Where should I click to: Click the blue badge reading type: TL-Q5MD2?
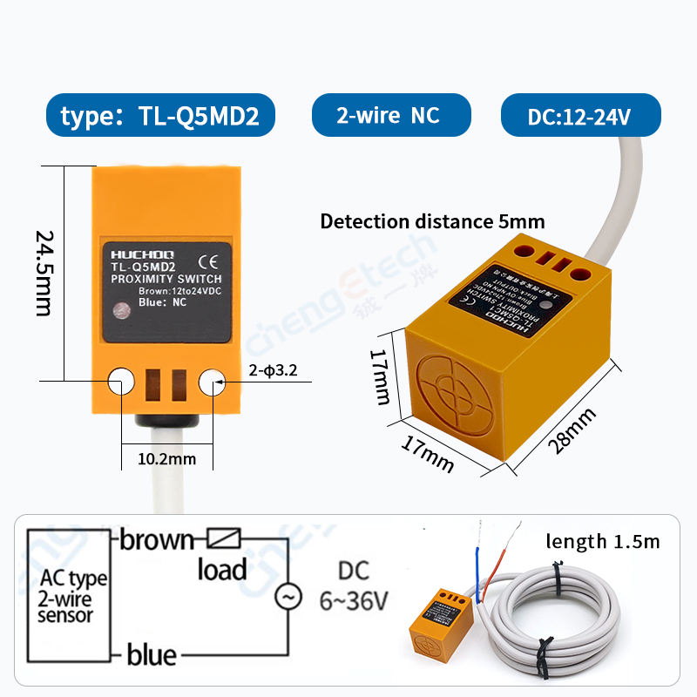[160, 116]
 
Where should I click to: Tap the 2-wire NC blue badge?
[391, 115]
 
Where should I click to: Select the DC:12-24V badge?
[580, 116]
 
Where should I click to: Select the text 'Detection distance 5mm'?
[432, 221]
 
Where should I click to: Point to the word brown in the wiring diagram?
[158, 540]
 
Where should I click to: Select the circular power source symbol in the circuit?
[288, 597]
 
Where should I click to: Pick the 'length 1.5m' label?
[603, 542]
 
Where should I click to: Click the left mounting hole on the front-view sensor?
[121, 381]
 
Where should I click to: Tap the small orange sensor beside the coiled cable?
[440, 624]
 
